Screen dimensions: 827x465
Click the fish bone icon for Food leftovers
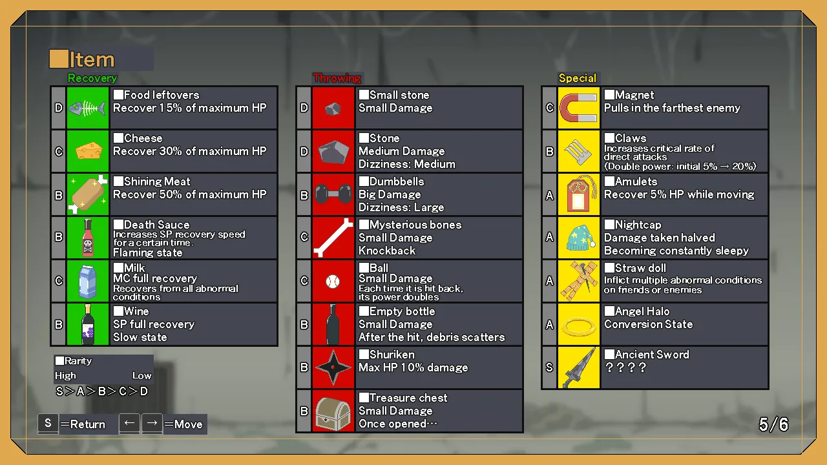tap(87, 108)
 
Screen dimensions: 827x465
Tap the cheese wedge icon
tap(89, 150)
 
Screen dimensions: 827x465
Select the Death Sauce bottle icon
tap(88, 238)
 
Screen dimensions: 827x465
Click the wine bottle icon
tap(88, 324)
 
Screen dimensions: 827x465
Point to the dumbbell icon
tap(333, 194)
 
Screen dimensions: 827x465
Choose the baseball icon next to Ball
tap(333, 282)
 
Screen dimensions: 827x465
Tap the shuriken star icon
tap(333, 367)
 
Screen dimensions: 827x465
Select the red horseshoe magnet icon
tap(578, 108)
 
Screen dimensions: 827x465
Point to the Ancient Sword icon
tap(579, 367)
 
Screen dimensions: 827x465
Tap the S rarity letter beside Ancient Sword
tap(549, 367)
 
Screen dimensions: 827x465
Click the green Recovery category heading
tap(92, 78)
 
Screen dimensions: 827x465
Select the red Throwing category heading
tap(337, 78)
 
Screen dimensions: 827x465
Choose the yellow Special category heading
tap(578, 78)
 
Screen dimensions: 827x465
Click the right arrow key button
tap(152, 423)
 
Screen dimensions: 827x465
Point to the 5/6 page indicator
tap(773, 424)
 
